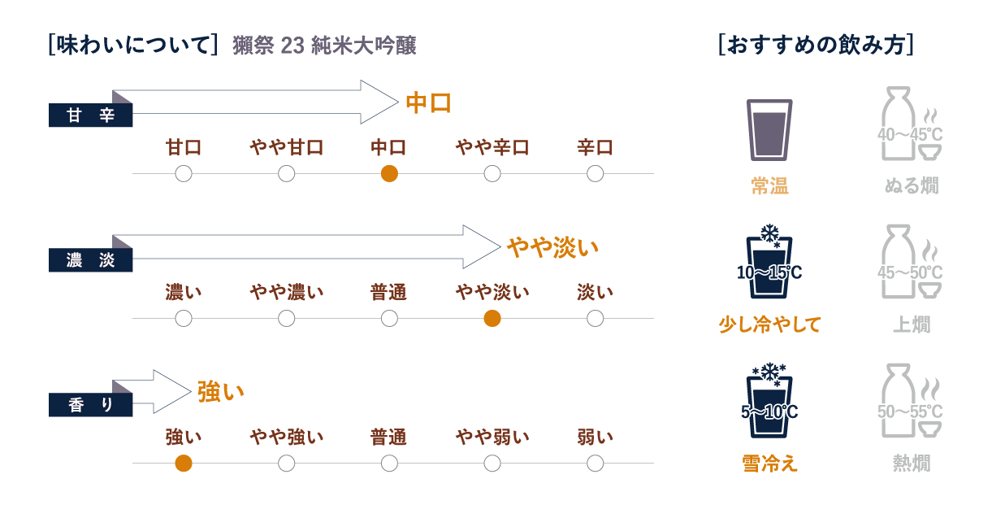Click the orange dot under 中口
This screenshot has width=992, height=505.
[389, 173]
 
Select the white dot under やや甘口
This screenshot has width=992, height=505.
[286, 173]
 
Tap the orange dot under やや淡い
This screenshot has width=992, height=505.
[492, 318]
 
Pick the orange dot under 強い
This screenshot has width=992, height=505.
[184, 464]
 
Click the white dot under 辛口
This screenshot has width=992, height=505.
[595, 173]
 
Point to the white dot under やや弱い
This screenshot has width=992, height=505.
[492, 464]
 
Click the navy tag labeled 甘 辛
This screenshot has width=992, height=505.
[90, 115]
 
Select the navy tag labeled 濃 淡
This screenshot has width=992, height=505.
[90, 260]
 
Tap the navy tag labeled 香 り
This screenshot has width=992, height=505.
[90, 404]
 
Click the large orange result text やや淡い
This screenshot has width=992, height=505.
[552, 247]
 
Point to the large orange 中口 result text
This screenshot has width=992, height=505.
[428, 103]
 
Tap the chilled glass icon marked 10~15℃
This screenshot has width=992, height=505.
[769, 263]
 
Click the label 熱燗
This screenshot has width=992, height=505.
[911, 464]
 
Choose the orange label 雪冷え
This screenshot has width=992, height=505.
[769, 464]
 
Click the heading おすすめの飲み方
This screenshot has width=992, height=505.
[817, 46]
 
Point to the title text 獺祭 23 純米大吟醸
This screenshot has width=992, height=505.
[324, 46]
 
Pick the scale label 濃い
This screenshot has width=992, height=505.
[184, 292]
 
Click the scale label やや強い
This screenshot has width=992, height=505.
[286, 438]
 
